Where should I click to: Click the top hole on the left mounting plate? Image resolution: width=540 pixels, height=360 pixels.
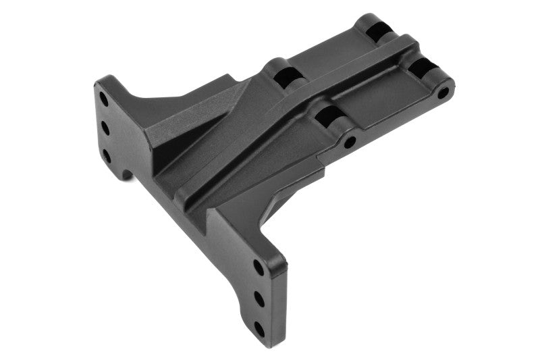coord(104,97)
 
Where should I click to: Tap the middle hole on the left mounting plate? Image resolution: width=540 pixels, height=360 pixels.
coord(105,126)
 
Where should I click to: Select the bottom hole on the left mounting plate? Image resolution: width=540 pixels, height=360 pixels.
coord(106,155)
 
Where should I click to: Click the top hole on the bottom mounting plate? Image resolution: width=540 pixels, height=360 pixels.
coord(259,267)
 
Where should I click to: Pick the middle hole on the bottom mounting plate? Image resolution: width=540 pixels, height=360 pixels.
coord(259,298)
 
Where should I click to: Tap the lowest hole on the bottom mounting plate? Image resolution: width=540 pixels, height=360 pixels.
coord(260,330)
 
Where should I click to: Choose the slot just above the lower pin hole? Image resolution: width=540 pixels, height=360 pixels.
coord(329,115)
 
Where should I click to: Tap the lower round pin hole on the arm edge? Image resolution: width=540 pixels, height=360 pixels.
coord(350,143)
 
